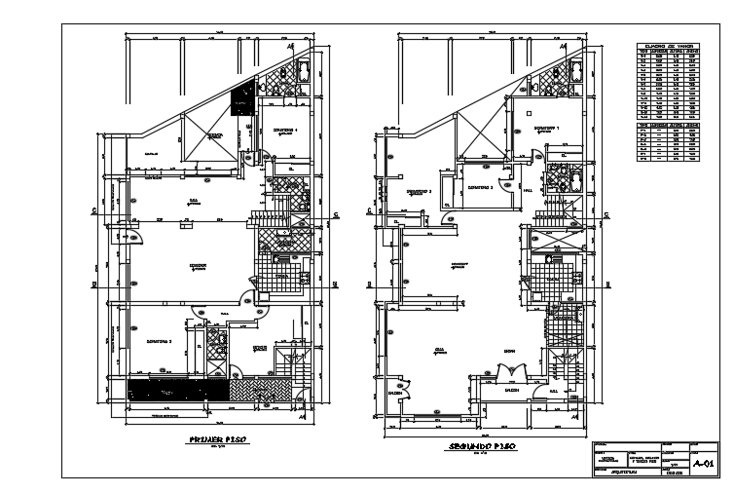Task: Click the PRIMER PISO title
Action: (215, 440)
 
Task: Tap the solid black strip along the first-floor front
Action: (176, 389)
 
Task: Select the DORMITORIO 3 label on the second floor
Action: (480, 186)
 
